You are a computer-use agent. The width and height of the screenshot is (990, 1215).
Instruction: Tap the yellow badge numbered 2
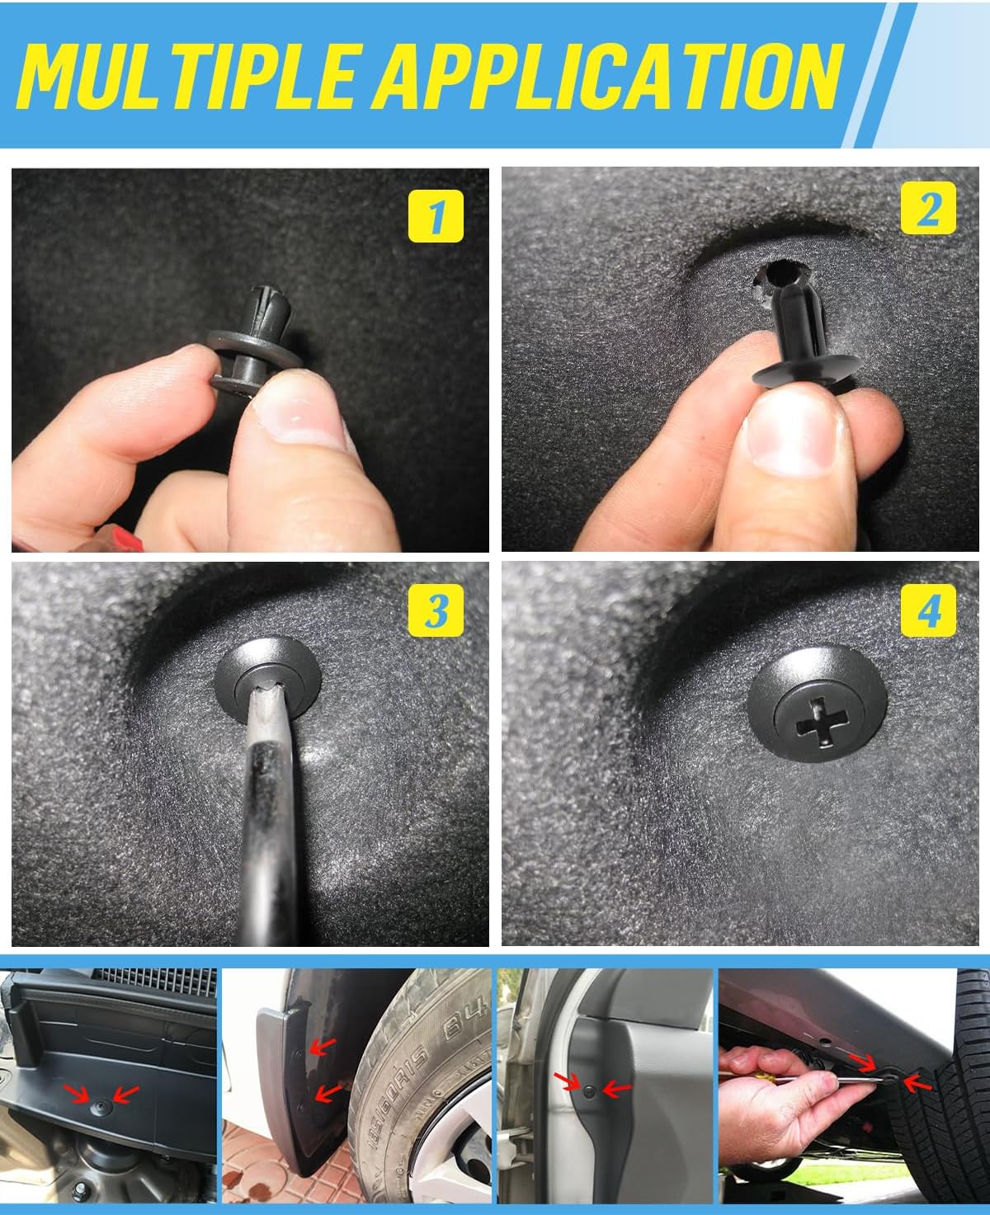[x=929, y=210]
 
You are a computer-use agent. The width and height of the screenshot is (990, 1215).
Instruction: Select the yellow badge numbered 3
[x=436, y=611]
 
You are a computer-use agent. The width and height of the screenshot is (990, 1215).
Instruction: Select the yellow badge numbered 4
[x=929, y=611]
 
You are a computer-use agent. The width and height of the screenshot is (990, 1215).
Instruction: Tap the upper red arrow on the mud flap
[x=323, y=1047]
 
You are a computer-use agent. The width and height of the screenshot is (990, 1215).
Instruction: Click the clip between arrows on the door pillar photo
[x=587, y=1090]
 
